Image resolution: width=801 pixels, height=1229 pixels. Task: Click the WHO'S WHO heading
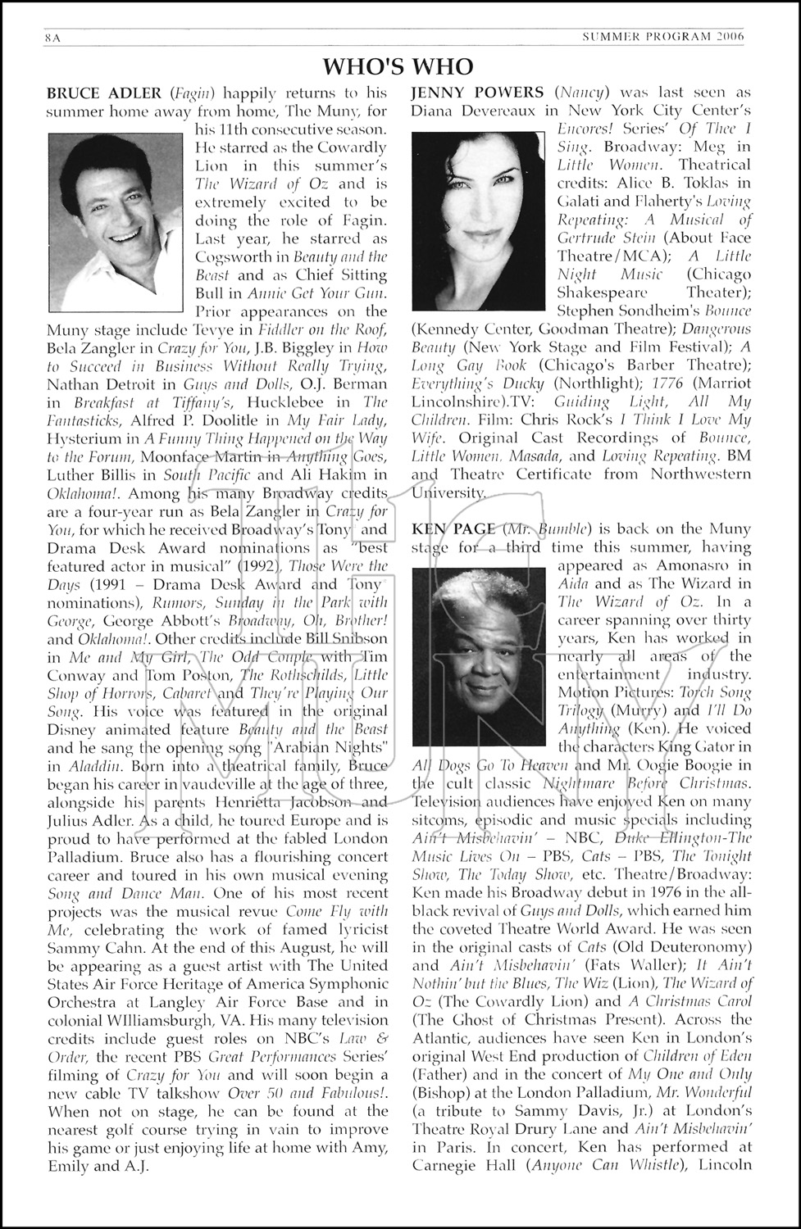398,66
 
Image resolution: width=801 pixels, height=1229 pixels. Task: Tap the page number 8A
54,36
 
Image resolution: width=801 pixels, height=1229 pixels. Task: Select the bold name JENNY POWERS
477,92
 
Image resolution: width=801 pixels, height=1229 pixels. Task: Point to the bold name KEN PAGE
453,528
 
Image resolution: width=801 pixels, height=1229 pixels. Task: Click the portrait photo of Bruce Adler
115,223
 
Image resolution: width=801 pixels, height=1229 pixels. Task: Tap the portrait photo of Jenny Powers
478,220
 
